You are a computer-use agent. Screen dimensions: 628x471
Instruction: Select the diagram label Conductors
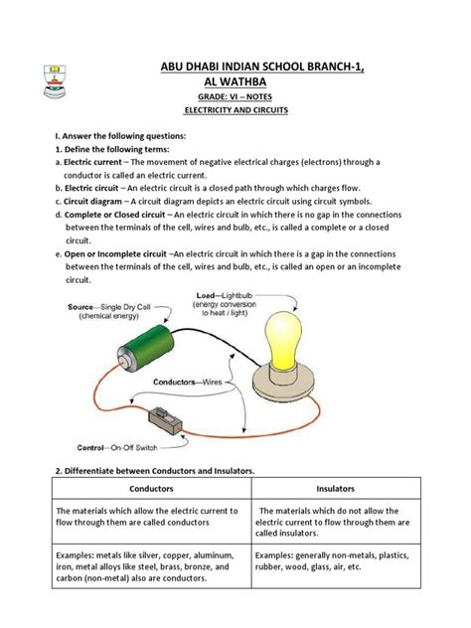tap(174, 382)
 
